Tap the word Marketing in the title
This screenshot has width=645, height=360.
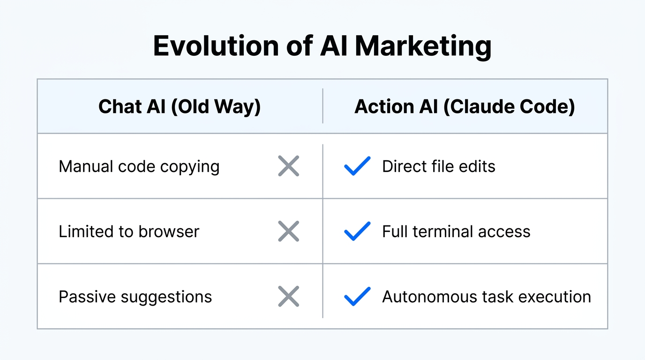pyautogui.click(x=423, y=46)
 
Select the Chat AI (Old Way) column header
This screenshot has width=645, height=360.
pyautogui.click(x=180, y=107)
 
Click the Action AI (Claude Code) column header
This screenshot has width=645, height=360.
pyautogui.click(x=465, y=107)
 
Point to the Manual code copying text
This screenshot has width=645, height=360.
pyautogui.click(x=139, y=166)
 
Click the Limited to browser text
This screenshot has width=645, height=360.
pyautogui.click(x=129, y=232)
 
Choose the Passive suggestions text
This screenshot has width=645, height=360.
pyautogui.click(x=135, y=297)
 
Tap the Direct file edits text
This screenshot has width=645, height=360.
pyautogui.click(x=438, y=166)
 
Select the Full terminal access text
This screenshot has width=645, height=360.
pyautogui.click(x=456, y=232)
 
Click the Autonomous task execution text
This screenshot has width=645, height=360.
pyautogui.click(x=486, y=297)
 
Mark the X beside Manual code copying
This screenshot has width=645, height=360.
pyautogui.click(x=288, y=166)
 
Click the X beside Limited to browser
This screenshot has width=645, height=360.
pyautogui.click(x=288, y=232)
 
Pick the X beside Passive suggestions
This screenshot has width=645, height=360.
pyautogui.click(x=288, y=297)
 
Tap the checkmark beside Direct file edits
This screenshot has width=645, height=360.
pyautogui.click(x=357, y=166)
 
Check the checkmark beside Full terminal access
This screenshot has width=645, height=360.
pyautogui.click(x=357, y=232)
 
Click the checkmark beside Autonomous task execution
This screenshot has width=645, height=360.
pyautogui.click(x=357, y=297)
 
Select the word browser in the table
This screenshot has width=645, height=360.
pyautogui.click(x=169, y=232)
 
